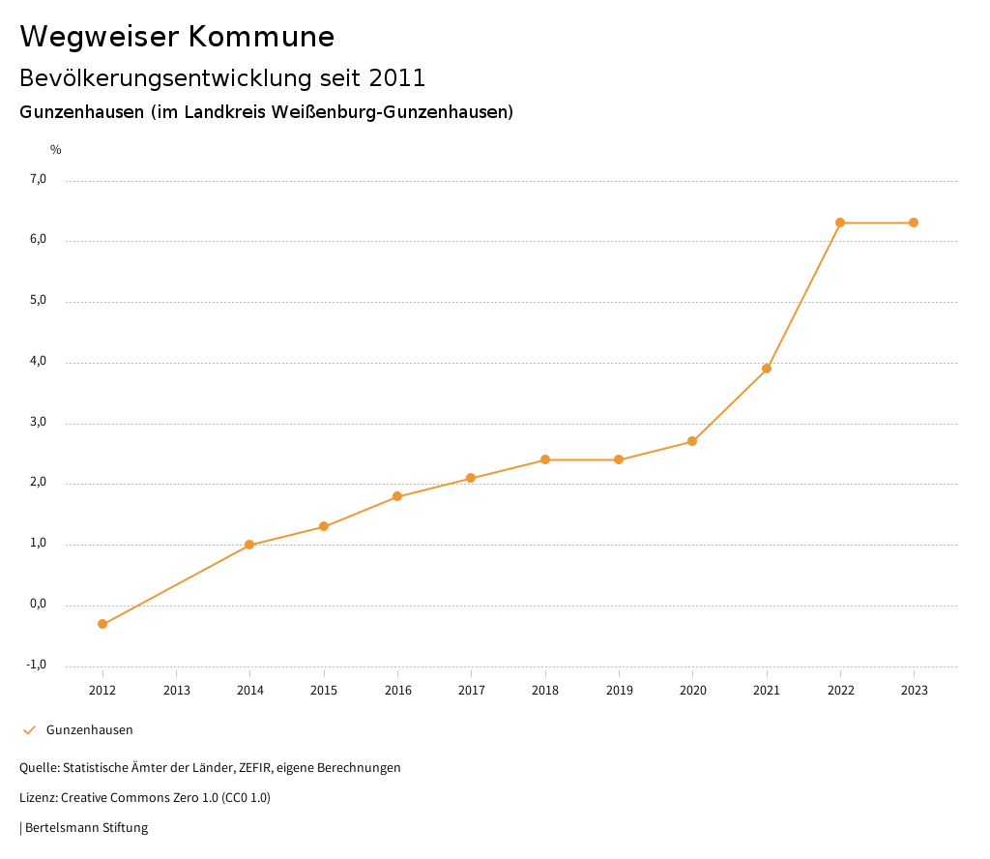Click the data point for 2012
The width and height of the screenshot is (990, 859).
(x=102, y=624)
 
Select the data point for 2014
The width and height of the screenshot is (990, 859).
(x=249, y=545)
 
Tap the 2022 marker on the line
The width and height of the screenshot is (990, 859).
(x=840, y=222)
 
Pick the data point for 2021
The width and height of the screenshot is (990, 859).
(x=767, y=369)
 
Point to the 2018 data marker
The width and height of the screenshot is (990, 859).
(x=545, y=459)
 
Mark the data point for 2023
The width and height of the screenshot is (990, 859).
(x=914, y=222)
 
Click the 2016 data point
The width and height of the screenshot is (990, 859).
(x=397, y=496)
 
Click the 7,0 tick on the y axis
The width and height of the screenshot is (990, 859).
(x=38, y=179)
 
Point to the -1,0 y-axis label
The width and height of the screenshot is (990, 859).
(x=37, y=665)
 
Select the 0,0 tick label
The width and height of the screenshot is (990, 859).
(x=38, y=604)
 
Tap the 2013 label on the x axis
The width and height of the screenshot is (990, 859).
(x=176, y=691)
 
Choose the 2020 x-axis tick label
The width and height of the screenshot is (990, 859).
(x=692, y=691)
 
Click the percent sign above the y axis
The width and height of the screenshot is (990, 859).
(x=56, y=150)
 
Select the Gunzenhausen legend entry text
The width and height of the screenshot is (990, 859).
(x=90, y=730)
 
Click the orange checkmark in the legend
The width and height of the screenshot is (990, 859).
(x=29, y=730)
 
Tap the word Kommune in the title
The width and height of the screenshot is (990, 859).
(x=261, y=37)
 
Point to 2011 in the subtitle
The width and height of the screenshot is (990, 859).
(x=397, y=77)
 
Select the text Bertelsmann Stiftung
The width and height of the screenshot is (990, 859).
(x=86, y=828)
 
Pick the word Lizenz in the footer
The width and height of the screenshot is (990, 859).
(x=37, y=798)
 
